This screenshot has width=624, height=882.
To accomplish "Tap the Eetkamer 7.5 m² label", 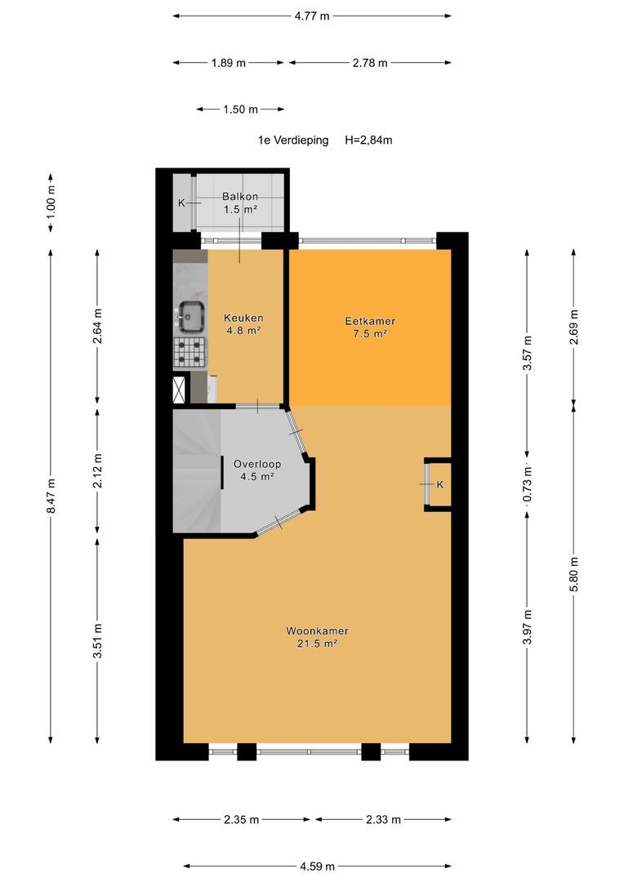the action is click(x=370, y=327).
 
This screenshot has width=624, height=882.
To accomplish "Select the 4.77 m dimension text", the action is click(x=312, y=16).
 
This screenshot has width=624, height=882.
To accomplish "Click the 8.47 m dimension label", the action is click(x=51, y=496).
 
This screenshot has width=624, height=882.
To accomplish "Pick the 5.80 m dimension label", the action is click(x=574, y=574).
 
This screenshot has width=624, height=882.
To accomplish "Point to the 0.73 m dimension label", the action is click(x=528, y=483).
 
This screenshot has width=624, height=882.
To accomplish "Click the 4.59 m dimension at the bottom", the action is click(x=318, y=866).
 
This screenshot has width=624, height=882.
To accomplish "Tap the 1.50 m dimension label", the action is click(x=240, y=109).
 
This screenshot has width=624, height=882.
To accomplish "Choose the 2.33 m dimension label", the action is click(x=383, y=819).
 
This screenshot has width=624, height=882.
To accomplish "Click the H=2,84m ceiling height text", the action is click(x=368, y=140).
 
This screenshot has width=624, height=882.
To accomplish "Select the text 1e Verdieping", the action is click(x=293, y=140).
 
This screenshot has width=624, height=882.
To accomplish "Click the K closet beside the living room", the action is click(x=438, y=484).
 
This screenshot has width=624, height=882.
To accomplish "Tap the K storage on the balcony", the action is click(x=182, y=203).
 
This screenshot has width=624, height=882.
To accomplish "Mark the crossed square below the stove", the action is click(x=180, y=389).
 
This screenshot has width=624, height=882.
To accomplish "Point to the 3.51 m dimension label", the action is click(x=98, y=640).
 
